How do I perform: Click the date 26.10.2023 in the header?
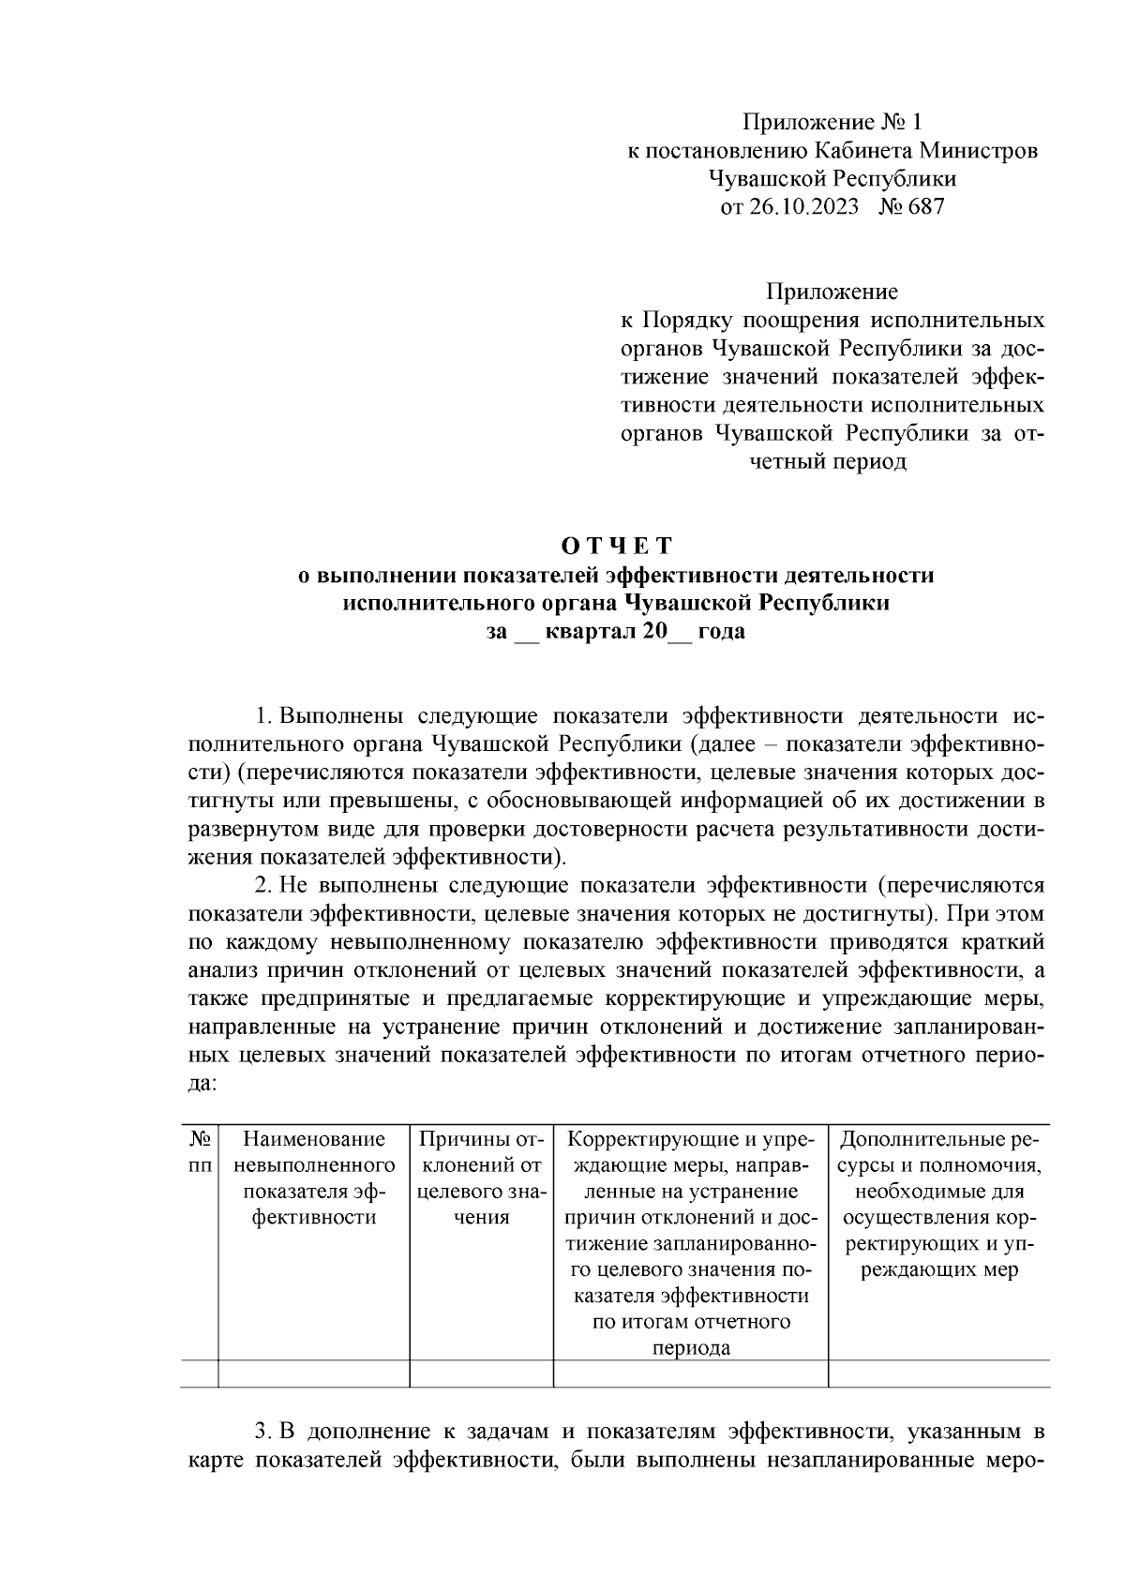point(802,207)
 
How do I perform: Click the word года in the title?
point(721,632)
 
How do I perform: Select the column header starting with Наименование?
point(314,1178)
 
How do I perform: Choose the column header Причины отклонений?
point(481,1178)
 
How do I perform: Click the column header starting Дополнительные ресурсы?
point(939,1205)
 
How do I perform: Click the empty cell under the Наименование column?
point(314,1374)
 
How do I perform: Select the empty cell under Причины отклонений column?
point(481,1374)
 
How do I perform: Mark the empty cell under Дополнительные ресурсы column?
point(939,1374)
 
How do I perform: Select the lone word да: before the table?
point(203,1083)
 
